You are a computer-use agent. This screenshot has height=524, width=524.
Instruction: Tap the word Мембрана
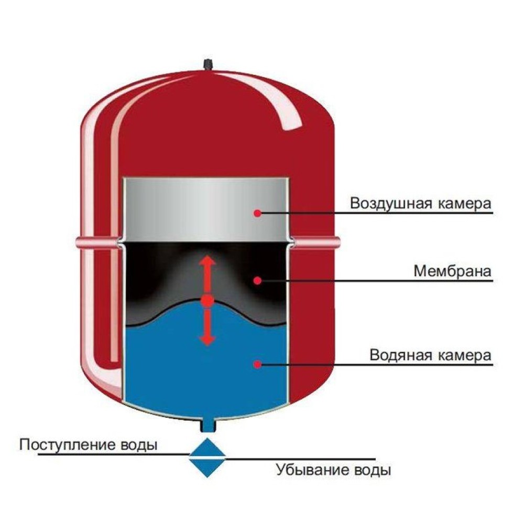coord(453,271)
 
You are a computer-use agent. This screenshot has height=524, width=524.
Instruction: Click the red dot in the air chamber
coord(257,213)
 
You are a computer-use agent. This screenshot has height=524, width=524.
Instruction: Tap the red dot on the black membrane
coord(257,280)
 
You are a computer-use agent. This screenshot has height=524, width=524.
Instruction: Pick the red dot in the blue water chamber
coord(257,364)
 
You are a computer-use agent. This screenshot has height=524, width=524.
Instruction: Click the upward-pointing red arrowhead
coord(208,260)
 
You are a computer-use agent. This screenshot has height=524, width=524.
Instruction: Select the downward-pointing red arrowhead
coord(207,341)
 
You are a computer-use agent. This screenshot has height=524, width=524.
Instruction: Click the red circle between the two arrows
coord(208,301)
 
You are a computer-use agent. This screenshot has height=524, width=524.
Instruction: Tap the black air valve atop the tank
coord(208,65)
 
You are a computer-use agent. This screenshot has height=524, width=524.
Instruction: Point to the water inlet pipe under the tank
coord(208,426)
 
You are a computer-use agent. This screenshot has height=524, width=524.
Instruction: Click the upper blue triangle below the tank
coord(207,447)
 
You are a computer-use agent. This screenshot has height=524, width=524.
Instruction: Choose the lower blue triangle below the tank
coord(207,468)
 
